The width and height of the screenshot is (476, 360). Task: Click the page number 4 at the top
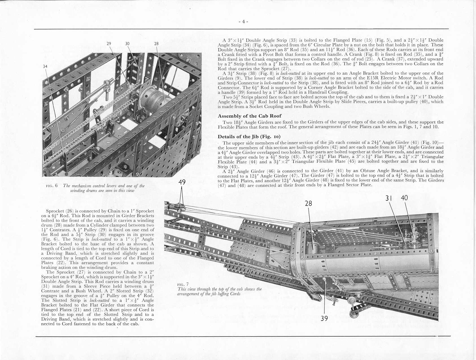[x=243, y=22]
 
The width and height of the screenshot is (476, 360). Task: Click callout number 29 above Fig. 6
[x=109, y=43]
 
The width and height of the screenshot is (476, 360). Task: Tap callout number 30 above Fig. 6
[x=127, y=43]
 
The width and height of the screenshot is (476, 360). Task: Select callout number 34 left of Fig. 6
[x=45, y=66]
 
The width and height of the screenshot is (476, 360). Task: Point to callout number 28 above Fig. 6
[x=156, y=43]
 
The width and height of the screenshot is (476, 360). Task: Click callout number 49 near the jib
[x=182, y=182]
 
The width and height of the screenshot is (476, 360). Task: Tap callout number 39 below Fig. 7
[x=324, y=318]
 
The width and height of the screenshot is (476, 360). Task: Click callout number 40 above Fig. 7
[x=404, y=198]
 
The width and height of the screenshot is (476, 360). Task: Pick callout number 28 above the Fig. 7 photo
[x=309, y=203]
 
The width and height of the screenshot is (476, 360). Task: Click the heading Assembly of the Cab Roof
[x=250, y=116]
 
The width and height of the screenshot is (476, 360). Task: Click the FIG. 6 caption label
[x=52, y=186]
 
